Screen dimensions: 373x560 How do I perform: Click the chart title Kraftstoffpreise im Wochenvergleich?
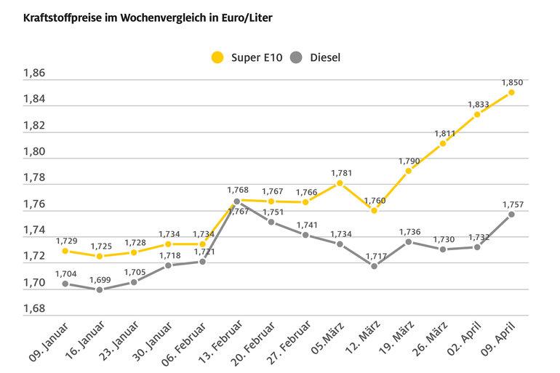(x=148, y=17)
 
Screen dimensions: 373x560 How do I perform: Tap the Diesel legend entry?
(x=315, y=57)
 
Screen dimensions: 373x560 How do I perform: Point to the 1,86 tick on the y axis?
(x=34, y=73)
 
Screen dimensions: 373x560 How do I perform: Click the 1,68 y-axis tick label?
(x=34, y=309)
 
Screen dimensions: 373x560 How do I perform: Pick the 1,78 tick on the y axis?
(x=34, y=178)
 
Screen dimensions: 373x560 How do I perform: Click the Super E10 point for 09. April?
(x=511, y=92)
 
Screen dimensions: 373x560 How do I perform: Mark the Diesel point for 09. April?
(x=511, y=214)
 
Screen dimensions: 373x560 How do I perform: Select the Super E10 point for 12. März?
(x=374, y=210)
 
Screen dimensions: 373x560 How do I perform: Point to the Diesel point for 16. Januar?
(x=100, y=289)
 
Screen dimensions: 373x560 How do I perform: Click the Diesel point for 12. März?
(x=374, y=266)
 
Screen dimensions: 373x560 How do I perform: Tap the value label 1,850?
(x=511, y=82)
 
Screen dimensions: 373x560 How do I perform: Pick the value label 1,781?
(x=340, y=173)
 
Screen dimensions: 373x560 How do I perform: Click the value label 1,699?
(x=100, y=279)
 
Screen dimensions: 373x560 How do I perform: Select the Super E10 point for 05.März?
(x=340, y=183)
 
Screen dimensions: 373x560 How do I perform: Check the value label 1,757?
(x=511, y=204)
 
